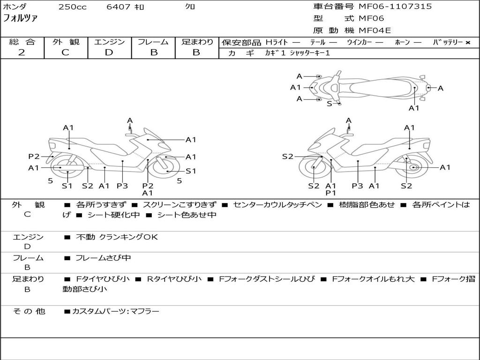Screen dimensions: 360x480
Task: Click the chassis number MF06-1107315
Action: point(395,7)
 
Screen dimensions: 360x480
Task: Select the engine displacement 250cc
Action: point(72,7)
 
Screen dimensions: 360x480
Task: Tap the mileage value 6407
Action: point(118,7)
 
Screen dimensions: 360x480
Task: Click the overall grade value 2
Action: point(21,52)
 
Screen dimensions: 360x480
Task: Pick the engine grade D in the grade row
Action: point(109,52)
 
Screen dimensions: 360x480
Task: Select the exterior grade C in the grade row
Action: point(65,52)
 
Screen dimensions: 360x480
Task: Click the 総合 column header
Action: point(22,42)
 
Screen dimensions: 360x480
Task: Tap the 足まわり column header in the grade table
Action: point(197,42)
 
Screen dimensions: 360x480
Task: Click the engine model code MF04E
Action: point(375,30)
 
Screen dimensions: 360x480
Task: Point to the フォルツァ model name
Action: point(20,19)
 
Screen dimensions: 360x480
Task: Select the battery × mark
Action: point(467,43)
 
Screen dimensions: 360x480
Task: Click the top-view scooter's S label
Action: point(329,104)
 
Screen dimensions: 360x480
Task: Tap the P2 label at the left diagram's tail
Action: point(34,157)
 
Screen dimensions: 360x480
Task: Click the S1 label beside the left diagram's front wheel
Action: point(190,171)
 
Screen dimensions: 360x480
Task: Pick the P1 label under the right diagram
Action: point(331,193)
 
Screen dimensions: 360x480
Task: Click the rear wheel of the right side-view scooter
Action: point(413,167)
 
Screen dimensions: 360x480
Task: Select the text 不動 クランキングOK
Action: point(117,237)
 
